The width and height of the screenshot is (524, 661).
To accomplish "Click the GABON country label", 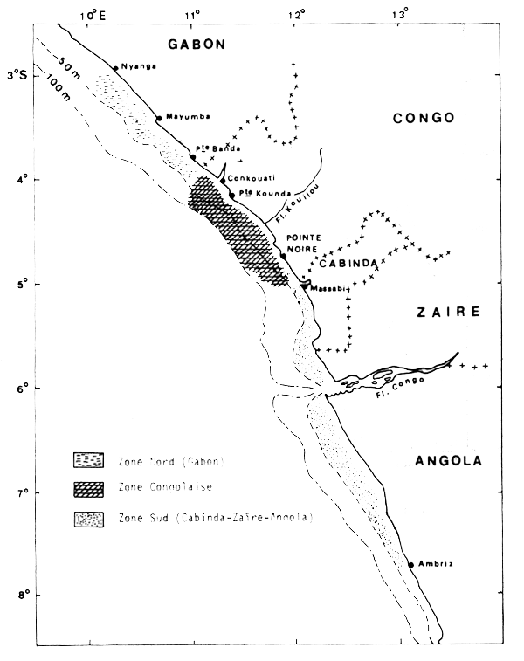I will pos(197,45).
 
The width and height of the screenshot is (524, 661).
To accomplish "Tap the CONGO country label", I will pos(423,118).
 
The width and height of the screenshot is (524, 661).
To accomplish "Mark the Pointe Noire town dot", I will pos(283,257).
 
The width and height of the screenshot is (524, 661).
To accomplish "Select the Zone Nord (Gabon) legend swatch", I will pos(90,459).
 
